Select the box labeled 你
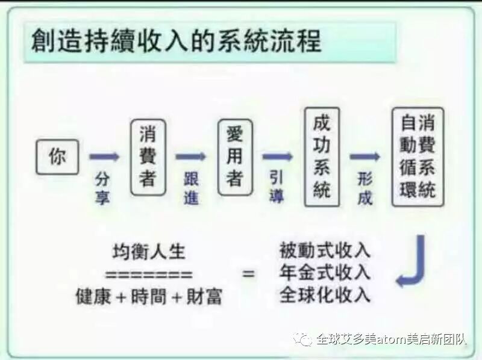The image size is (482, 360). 57,157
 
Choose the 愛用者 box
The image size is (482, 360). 234,157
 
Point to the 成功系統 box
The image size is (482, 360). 322,157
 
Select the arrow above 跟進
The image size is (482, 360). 190,157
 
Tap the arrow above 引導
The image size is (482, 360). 277,157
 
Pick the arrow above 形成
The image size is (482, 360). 365,157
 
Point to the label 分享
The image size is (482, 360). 102,187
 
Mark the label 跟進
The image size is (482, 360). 191,187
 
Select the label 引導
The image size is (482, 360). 277,187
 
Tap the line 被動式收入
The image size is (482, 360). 325,250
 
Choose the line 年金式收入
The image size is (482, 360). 325,272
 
